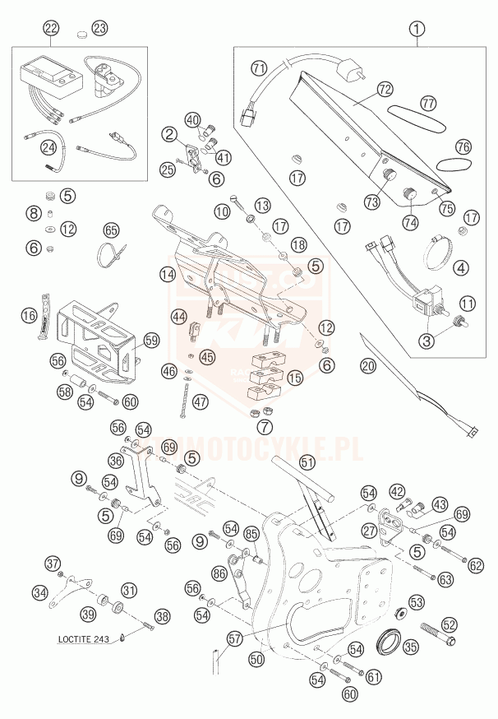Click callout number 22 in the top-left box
click(52, 30)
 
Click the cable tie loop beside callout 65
click(110, 254)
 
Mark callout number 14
click(168, 274)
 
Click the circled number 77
click(427, 104)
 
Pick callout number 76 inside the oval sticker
click(463, 146)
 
